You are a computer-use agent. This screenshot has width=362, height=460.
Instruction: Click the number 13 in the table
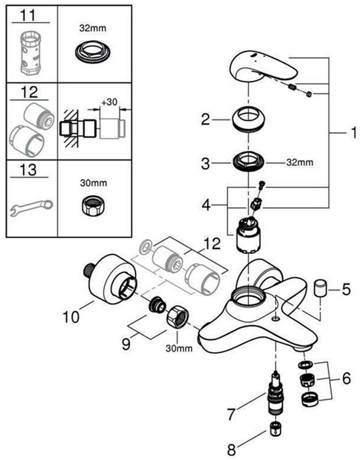click(29, 170)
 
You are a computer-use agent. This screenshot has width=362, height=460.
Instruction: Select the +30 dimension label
click(109, 101)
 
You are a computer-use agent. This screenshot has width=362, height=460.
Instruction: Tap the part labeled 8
click(275, 430)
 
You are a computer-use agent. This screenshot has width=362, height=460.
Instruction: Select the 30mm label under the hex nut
click(178, 349)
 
